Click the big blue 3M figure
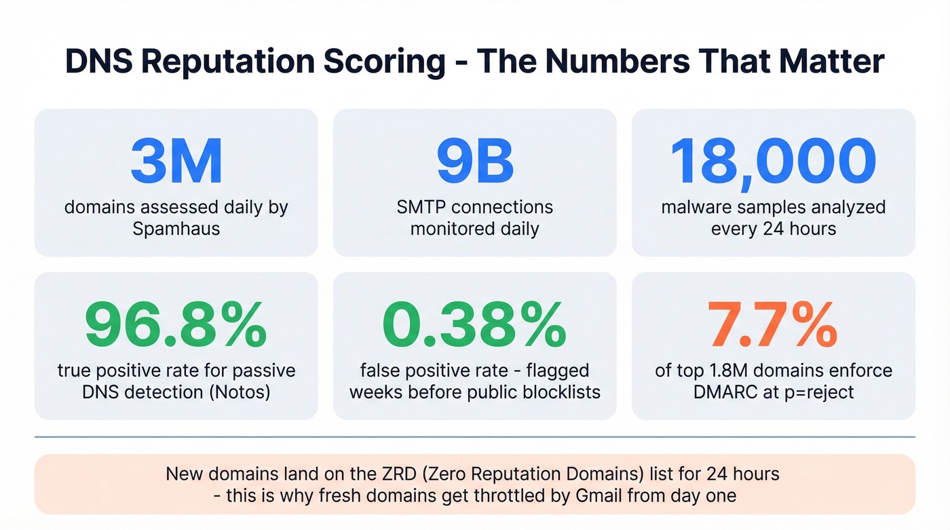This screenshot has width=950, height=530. tap(176, 162)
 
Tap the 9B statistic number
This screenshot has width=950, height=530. tap(475, 162)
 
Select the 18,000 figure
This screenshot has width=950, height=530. tap(773, 162)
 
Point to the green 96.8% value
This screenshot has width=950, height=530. tap(176, 326)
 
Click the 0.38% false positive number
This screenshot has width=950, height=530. tap(475, 326)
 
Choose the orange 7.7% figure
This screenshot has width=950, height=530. tap(773, 326)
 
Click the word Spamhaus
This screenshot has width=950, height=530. tap(176, 229)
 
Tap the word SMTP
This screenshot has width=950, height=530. tap(423, 207)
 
